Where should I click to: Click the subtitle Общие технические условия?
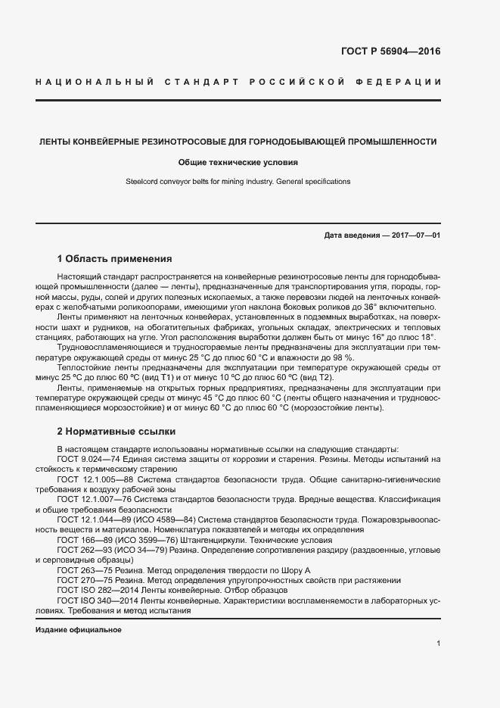click(238, 162)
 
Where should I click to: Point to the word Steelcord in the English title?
click(141, 182)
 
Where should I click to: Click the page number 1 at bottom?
click(439, 644)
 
